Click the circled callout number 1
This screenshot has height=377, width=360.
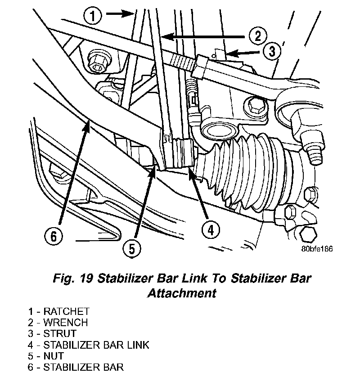click(x=92, y=17)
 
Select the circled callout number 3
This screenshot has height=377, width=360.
click(x=271, y=52)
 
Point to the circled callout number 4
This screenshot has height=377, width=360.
click(x=210, y=230)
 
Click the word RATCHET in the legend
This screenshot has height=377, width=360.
click(x=67, y=311)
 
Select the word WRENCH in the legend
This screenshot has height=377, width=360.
click(x=66, y=323)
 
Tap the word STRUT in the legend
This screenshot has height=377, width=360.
click(x=60, y=334)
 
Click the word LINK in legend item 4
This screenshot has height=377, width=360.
click(x=137, y=345)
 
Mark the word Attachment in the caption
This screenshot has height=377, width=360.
click(x=182, y=293)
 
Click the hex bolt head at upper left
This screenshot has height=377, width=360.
click(x=97, y=62)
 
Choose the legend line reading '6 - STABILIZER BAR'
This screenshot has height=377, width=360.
click(x=75, y=367)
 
